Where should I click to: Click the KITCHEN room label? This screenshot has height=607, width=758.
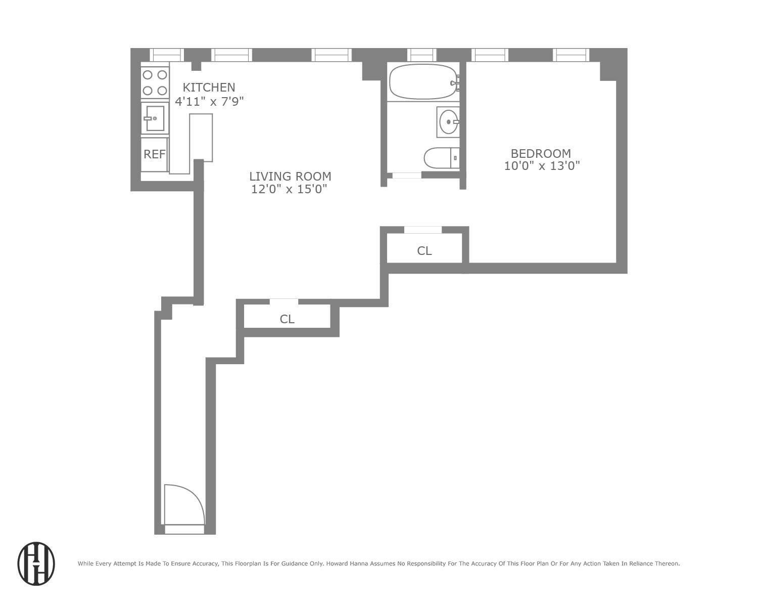pyautogui.click(x=209, y=88)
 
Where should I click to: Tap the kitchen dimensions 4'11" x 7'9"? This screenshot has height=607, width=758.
pyautogui.click(x=209, y=102)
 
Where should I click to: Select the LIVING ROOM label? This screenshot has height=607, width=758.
pyautogui.click(x=290, y=177)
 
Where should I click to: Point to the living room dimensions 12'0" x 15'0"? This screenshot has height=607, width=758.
pyautogui.click(x=290, y=190)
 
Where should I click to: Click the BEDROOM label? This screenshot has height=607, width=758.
pyautogui.click(x=541, y=153)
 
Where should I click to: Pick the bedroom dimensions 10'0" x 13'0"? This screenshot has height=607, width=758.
pyautogui.click(x=542, y=166)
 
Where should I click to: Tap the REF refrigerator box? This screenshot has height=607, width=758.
pyautogui.click(x=154, y=154)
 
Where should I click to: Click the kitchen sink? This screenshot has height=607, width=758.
pyautogui.click(x=155, y=118)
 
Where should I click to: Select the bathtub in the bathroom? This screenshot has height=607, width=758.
pyautogui.click(x=423, y=81)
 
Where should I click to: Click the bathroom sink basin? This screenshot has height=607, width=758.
pyautogui.click(x=448, y=122)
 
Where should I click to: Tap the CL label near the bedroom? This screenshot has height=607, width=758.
pyautogui.click(x=424, y=251)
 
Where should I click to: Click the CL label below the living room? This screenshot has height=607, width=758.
pyautogui.click(x=287, y=319)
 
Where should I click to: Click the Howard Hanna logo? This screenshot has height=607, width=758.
pyautogui.click(x=36, y=564)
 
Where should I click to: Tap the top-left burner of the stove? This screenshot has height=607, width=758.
pyautogui.click(x=148, y=75)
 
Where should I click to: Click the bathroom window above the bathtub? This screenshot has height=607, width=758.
pyautogui.click(x=421, y=55)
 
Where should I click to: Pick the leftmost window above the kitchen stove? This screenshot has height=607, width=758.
pyautogui.click(x=167, y=55)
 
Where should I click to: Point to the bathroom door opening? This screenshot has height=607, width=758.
pyautogui.click(x=407, y=176)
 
